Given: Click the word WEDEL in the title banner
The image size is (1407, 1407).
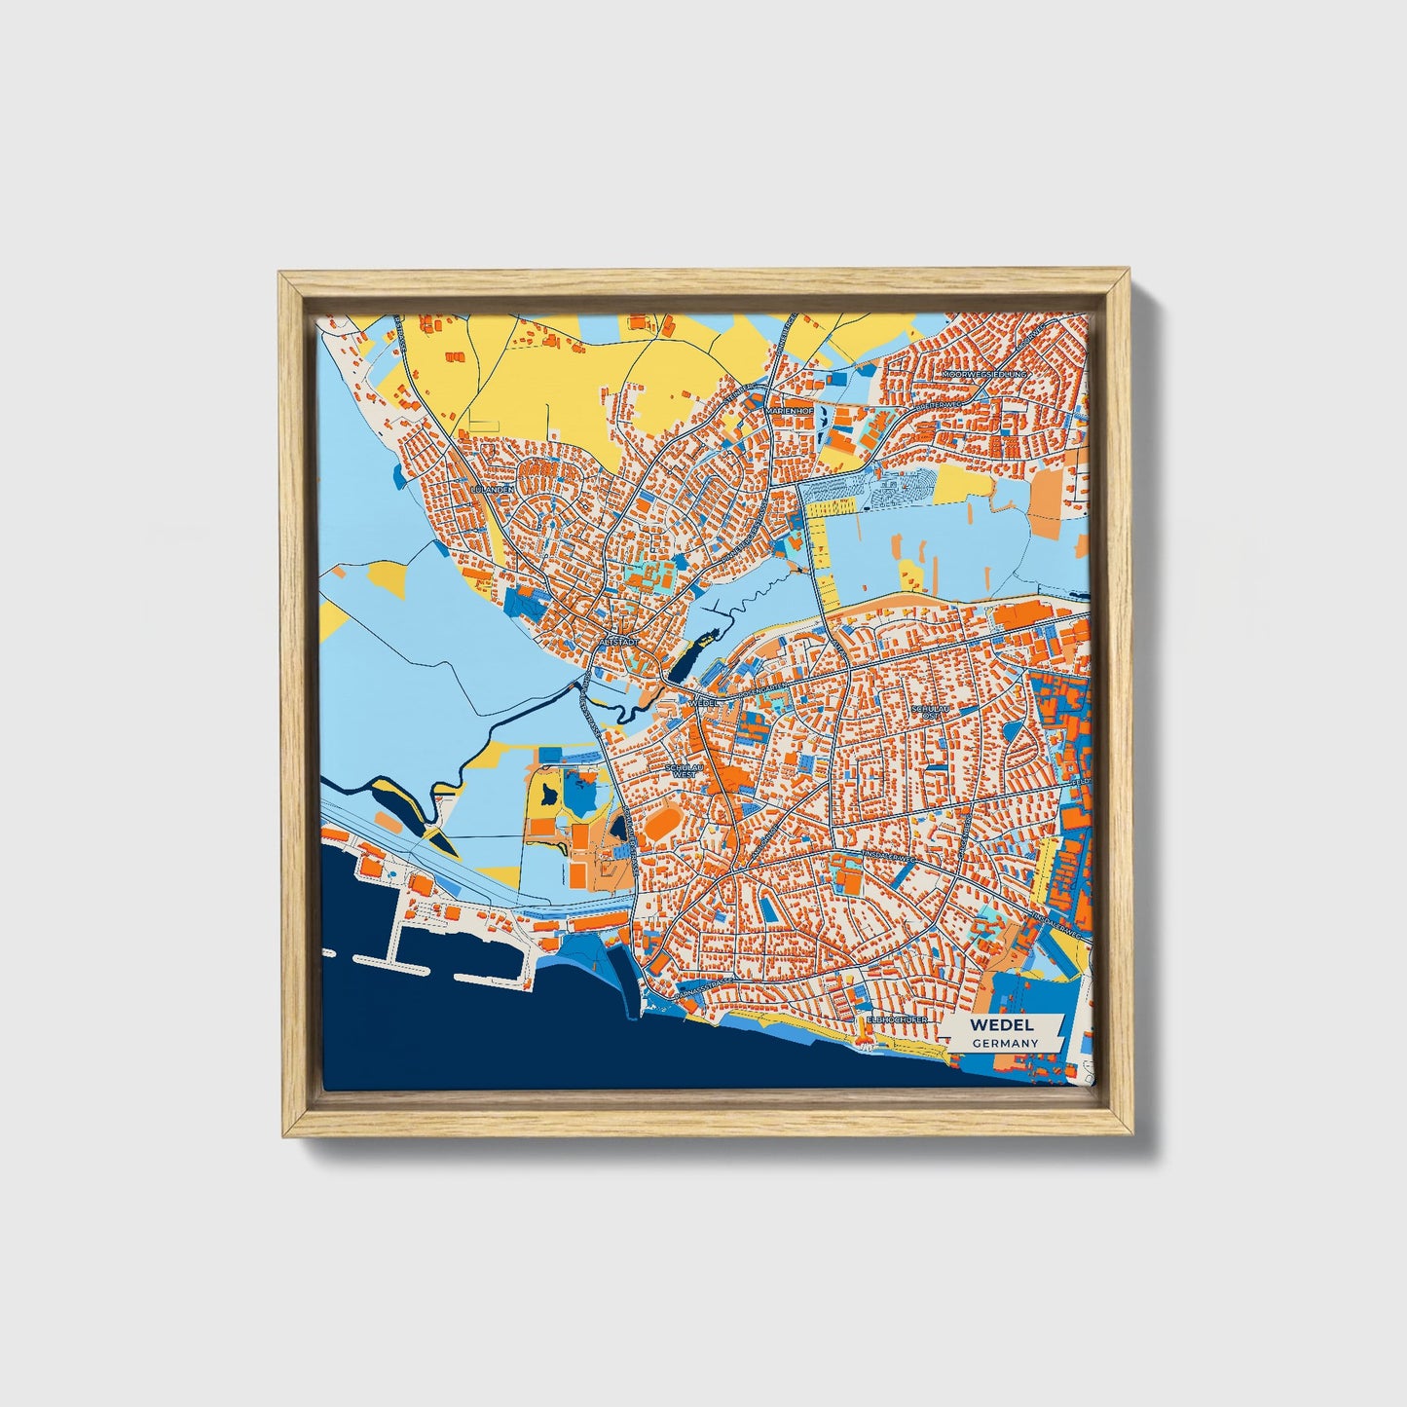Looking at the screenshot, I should click(x=1002, y=1025).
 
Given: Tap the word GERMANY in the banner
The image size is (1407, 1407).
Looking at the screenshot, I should click(x=1004, y=1043).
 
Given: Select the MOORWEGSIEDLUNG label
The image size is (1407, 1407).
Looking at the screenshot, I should click(x=985, y=374).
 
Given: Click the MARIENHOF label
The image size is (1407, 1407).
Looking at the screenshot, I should click(x=790, y=411).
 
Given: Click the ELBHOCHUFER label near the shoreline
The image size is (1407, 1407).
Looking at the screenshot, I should click(x=897, y=1019).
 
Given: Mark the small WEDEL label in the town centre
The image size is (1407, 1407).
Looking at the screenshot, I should click(x=702, y=701).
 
